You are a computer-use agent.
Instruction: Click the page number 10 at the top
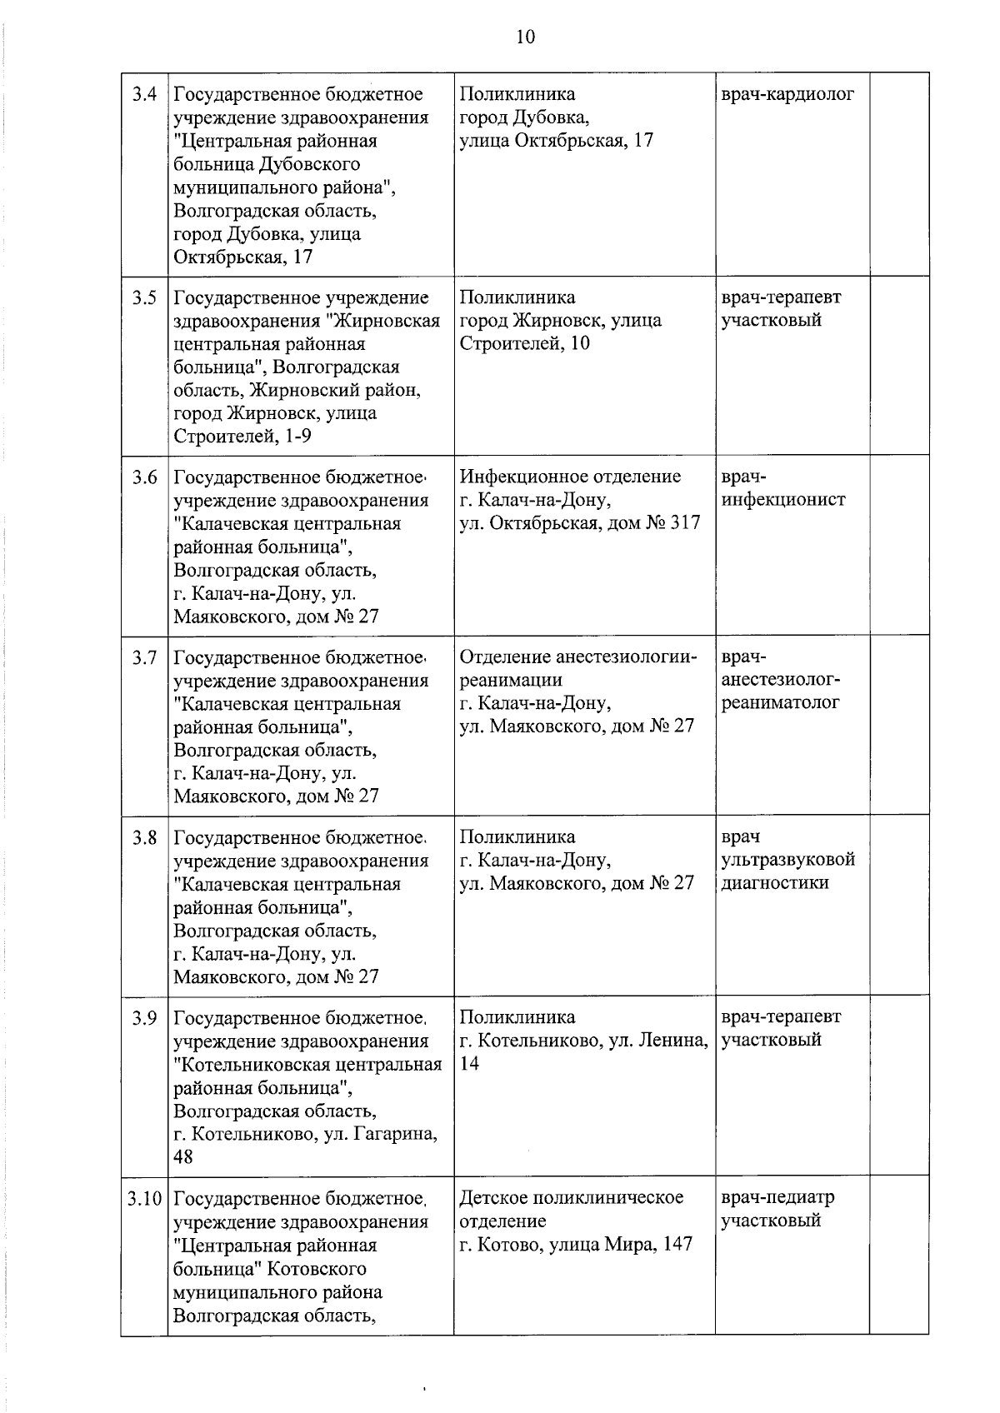click(525, 36)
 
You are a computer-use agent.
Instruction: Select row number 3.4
click(144, 94)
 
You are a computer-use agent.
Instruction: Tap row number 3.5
click(144, 297)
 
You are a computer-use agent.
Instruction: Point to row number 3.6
click(144, 477)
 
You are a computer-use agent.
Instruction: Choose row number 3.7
click(144, 658)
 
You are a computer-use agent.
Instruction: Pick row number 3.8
click(144, 837)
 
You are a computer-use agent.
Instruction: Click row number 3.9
click(144, 1018)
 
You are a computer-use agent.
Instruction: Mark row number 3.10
click(144, 1199)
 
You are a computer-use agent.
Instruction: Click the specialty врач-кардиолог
click(787, 94)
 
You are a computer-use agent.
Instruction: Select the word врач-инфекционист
click(782, 489)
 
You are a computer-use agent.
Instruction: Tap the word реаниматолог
click(780, 702)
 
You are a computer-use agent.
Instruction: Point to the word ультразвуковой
click(787, 860)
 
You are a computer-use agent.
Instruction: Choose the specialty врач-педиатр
click(777, 1198)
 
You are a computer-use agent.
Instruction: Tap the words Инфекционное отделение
click(570, 477)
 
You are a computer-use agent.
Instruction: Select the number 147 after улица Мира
click(674, 1245)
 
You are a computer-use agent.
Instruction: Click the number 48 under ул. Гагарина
click(183, 1157)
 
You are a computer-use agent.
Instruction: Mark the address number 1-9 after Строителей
click(297, 437)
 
